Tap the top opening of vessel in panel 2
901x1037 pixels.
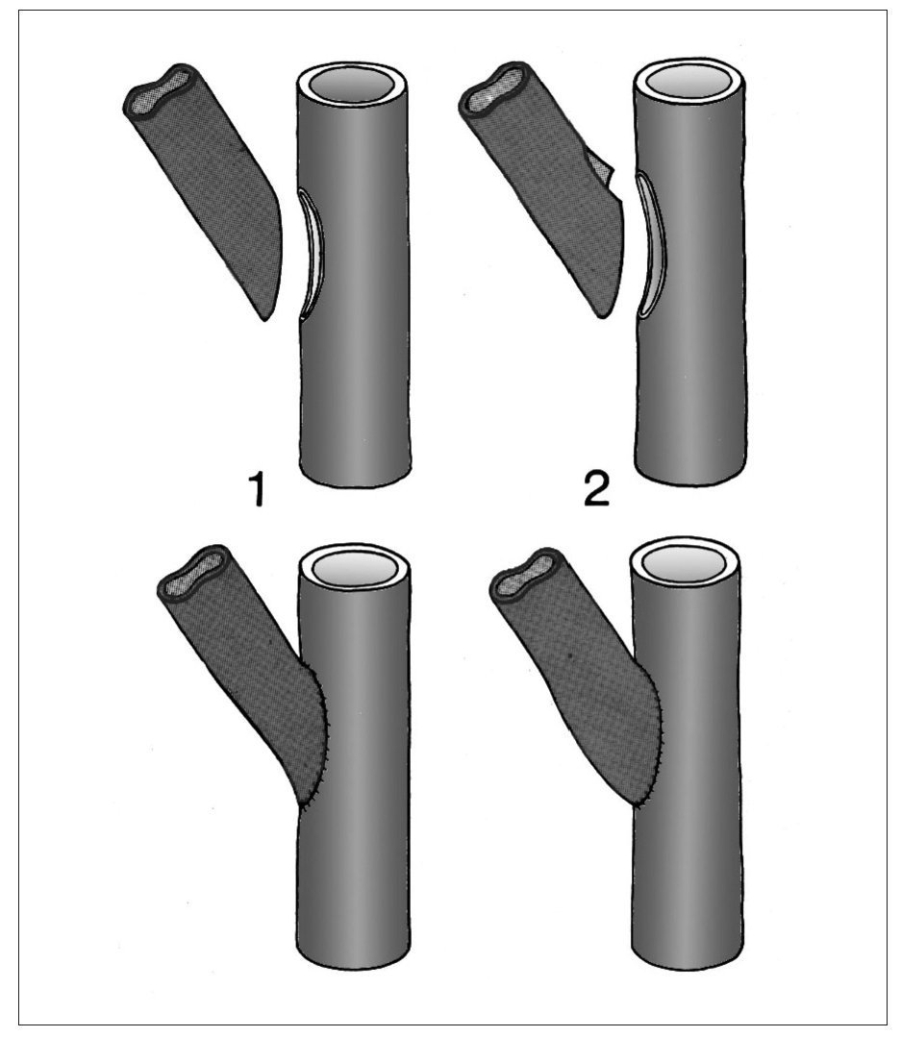[x=688, y=84]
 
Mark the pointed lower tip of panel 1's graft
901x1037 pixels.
[x=265, y=319]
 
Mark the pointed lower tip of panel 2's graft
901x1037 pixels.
[x=603, y=317]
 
